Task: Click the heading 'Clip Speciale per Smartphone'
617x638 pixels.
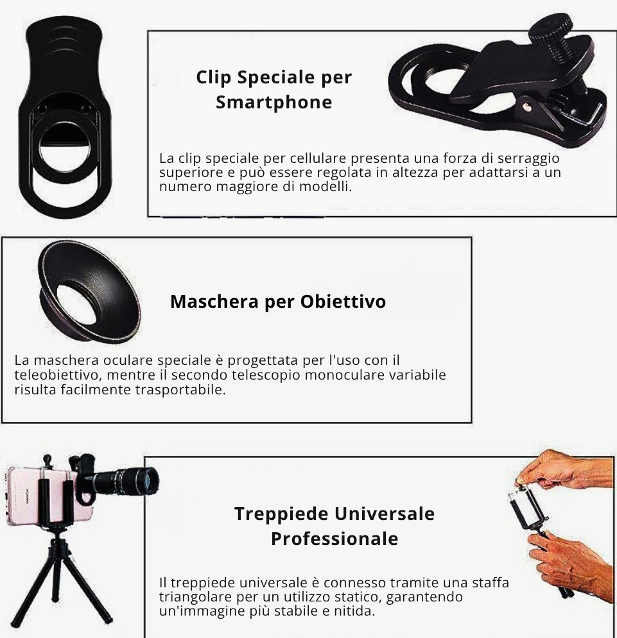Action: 274,90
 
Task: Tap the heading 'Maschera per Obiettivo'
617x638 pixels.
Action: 278,301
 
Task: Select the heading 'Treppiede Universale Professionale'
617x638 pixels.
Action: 334,526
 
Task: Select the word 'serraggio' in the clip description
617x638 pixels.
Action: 530,158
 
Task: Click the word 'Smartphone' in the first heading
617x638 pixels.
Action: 274,103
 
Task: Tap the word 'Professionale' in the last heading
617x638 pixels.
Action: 334,539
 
